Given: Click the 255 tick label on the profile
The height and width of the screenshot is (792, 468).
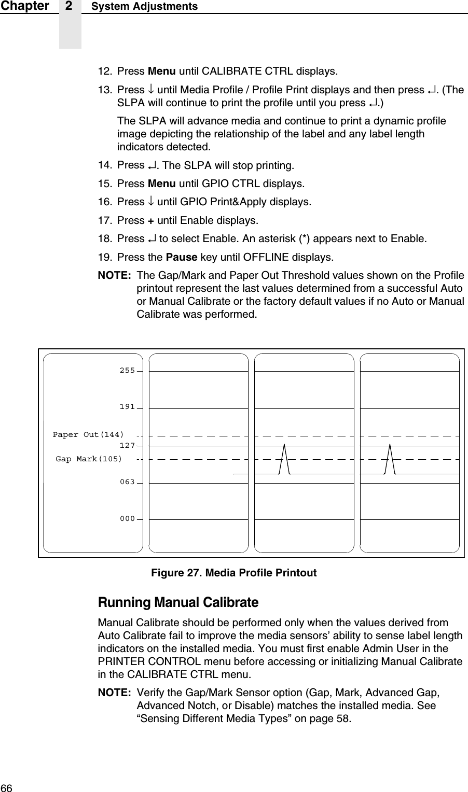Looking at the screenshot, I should click(x=127, y=371).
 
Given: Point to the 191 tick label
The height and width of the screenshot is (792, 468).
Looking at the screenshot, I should click(x=127, y=407).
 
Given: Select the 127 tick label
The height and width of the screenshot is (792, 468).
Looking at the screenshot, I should click(x=127, y=445).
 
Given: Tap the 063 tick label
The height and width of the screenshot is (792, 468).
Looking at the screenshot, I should click(x=127, y=482).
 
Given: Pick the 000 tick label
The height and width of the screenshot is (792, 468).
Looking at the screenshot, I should click(x=127, y=519).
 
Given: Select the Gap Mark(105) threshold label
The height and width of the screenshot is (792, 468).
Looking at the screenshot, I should click(x=89, y=459).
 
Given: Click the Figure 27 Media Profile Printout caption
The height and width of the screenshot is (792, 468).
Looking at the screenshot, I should click(x=233, y=573).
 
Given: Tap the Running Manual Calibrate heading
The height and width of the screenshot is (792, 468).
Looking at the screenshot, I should click(x=178, y=603).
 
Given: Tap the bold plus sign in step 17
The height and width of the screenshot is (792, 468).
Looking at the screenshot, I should click(x=150, y=220).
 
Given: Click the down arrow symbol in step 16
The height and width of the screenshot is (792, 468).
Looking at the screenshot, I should click(x=150, y=202).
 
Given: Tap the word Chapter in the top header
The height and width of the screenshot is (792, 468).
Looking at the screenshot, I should click(x=24, y=6).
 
